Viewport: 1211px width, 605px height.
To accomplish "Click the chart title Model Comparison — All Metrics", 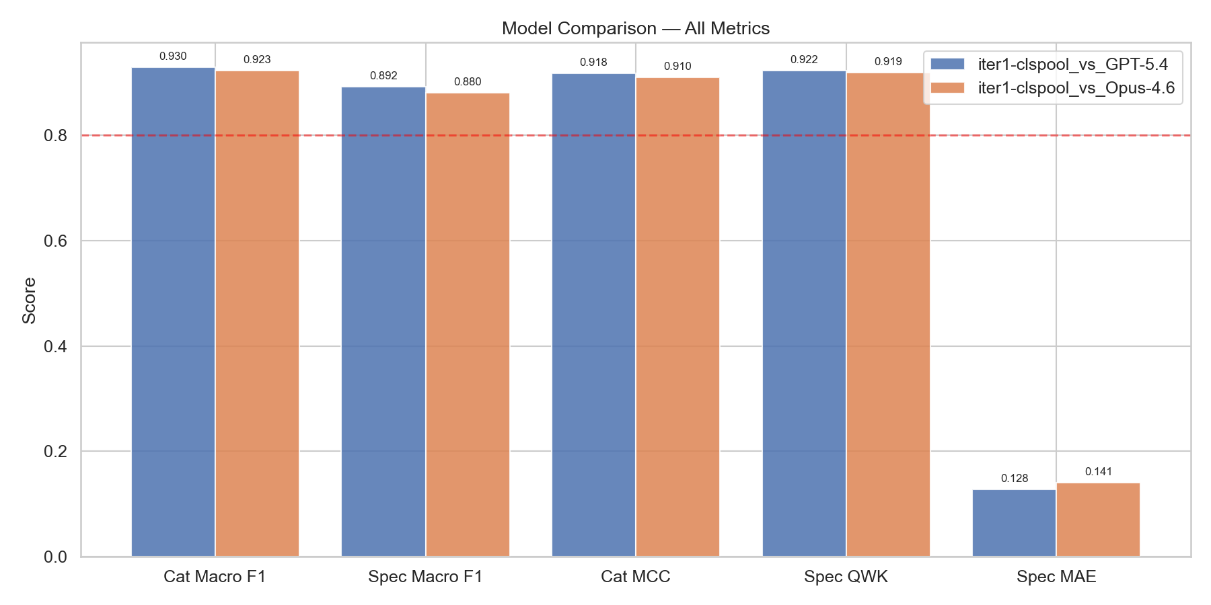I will coord(635,28).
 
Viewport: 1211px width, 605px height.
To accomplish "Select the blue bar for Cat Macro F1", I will coord(173,312).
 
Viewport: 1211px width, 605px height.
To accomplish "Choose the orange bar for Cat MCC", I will coord(677,317).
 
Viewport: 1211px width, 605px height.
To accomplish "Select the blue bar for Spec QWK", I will coord(804,313).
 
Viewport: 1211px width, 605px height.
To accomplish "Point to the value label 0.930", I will coord(173,56).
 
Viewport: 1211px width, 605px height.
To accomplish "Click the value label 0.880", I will coord(468,82).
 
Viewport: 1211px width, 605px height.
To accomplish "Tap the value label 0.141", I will coord(1098,472).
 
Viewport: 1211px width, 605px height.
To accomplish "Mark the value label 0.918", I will coord(593,63).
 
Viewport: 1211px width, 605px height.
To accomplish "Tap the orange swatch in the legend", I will coord(947,88).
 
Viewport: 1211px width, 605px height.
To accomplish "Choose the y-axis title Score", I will coord(29,300).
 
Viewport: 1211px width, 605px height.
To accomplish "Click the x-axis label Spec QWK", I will coord(846,577).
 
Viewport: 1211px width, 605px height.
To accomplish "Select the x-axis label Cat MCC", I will coord(635,577).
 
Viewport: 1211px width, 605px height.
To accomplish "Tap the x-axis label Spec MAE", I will coord(1056,577).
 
